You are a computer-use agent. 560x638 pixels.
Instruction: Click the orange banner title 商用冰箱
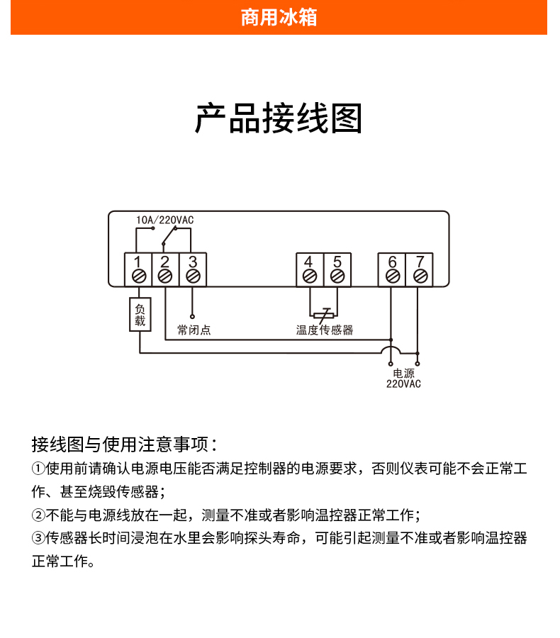pyautogui.click(x=279, y=18)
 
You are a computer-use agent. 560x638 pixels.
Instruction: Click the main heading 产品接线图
pyautogui.click(x=279, y=118)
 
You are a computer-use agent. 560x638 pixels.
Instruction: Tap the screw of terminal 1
pyautogui.click(x=139, y=276)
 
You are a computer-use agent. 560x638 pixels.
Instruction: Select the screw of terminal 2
pyautogui.click(x=165, y=276)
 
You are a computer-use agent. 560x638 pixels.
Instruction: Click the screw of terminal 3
pyautogui.click(x=193, y=276)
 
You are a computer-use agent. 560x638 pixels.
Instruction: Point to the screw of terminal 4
pyautogui.click(x=310, y=276)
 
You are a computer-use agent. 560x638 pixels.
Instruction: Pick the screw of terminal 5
pyautogui.click(x=337, y=276)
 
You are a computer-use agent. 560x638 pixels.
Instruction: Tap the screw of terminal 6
pyautogui.click(x=392, y=276)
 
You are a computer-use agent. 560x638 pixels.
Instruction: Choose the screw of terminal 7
pyautogui.click(x=420, y=276)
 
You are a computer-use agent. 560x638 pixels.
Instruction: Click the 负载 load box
pyautogui.click(x=140, y=315)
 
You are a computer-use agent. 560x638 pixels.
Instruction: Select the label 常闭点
pyautogui.click(x=194, y=330)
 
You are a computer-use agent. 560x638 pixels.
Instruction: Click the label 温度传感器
pyautogui.click(x=325, y=330)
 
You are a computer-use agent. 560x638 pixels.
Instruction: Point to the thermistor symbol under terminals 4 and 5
pyautogui.click(x=323, y=315)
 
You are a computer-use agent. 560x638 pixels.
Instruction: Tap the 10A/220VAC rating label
pyautogui.click(x=165, y=220)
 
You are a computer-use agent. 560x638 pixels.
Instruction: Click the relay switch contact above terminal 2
pyautogui.click(x=169, y=236)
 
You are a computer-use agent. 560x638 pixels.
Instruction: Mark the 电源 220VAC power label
pyautogui.click(x=403, y=379)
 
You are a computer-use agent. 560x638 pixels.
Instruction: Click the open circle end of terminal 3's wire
pyautogui.click(x=193, y=317)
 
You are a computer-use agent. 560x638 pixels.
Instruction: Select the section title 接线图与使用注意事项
pyautogui.click(x=124, y=444)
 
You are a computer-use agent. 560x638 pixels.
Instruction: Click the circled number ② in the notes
pyautogui.click(x=38, y=515)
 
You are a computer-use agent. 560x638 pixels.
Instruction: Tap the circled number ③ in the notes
pyautogui.click(x=38, y=538)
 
